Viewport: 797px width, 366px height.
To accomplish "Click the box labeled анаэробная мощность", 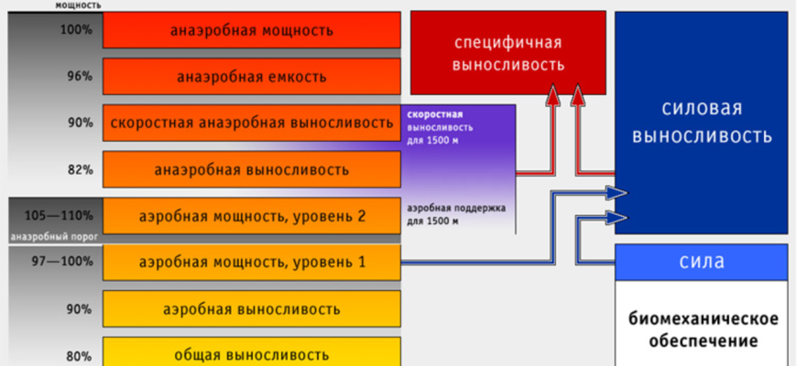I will tap(252, 30).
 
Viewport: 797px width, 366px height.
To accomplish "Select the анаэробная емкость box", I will tap(252, 76).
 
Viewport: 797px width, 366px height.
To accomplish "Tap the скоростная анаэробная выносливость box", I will tap(252, 123).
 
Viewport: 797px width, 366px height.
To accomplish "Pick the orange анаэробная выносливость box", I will tap(252, 169).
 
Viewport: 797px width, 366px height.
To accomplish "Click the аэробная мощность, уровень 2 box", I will tap(252, 216).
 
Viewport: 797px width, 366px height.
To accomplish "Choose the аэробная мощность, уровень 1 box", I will tap(252, 263).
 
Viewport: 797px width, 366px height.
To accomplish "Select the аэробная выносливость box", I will tap(252, 308).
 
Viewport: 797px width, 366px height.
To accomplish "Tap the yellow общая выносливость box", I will tap(252, 353).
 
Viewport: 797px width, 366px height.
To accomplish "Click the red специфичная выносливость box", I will tap(508, 54).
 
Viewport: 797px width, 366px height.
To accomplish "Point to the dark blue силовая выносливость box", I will tap(702, 124).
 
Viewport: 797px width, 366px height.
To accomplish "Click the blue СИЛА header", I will tap(702, 263).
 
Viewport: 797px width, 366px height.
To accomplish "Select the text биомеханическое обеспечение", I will tap(703, 330).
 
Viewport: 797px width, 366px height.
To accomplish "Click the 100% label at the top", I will tap(78, 29).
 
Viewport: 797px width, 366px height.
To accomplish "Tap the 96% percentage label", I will tap(79, 76).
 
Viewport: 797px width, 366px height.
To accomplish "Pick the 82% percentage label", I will tap(79, 169).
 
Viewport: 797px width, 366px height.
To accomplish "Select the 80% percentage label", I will tap(79, 355).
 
